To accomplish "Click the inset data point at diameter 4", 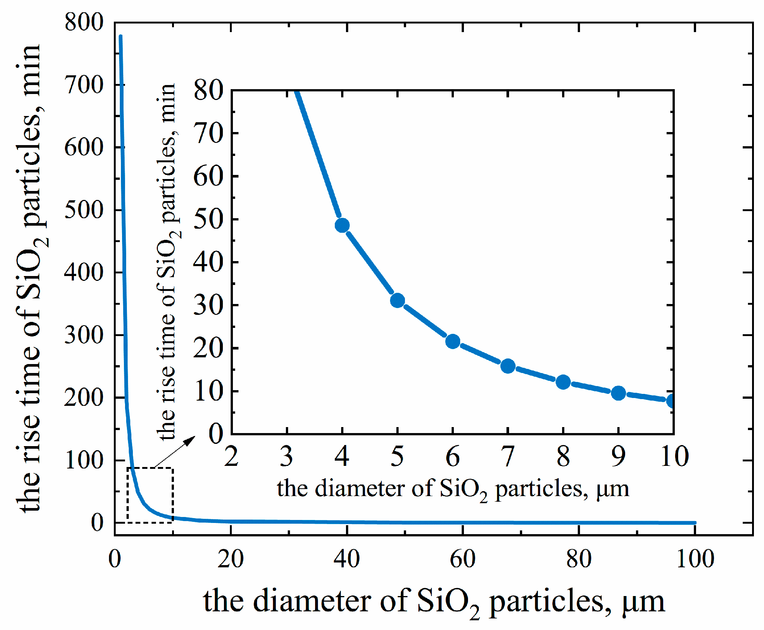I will (342, 225).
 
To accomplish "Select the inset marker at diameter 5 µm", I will (397, 300).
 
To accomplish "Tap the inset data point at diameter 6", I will (453, 341).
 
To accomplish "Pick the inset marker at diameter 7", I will (508, 366).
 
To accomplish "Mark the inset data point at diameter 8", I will (563, 382).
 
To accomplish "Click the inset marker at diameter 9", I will (618, 393).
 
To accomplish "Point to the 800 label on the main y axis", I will (84, 22).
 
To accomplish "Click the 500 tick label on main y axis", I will (84, 210).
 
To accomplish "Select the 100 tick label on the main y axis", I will (84, 460).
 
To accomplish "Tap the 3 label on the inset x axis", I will (286, 457).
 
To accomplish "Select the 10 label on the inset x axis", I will (674, 457).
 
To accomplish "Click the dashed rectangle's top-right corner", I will (172, 468).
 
